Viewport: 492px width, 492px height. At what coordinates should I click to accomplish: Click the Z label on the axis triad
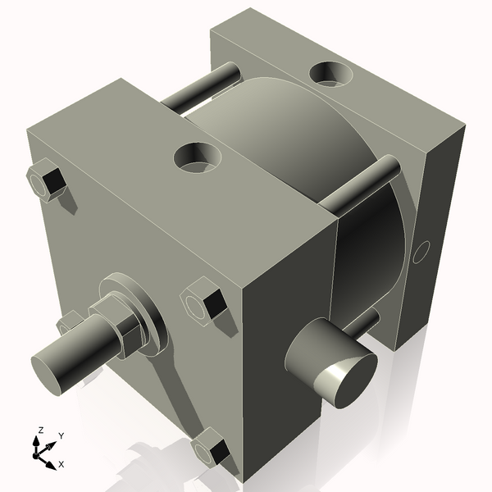pyautogui.click(x=40, y=430)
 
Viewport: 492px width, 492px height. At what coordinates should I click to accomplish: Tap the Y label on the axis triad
pyautogui.click(x=61, y=435)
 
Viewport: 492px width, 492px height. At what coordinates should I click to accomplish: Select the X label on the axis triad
pyautogui.click(x=61, y=464)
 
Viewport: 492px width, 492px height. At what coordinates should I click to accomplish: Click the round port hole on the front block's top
pyautogui.click(x=198, y=157)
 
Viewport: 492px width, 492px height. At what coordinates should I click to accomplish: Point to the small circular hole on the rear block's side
pyautogui.click(x=421, y=252)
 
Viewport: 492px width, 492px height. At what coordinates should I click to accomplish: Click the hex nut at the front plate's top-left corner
pyautogui.click(x=46, y=180)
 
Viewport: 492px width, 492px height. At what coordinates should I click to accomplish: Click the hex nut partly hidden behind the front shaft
pyautogui.click(x=71, y=321)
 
